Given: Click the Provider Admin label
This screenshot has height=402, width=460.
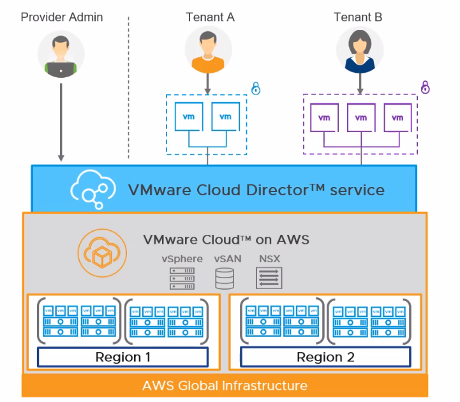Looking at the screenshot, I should pos(61,17).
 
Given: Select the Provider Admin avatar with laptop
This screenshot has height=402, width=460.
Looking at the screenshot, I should pos(61,55).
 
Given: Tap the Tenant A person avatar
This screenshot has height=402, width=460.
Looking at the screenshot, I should pos(208,50).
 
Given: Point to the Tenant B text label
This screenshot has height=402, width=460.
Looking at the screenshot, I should pos(358,17).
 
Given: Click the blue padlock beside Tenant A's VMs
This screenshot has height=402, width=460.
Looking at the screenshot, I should pos(256,88).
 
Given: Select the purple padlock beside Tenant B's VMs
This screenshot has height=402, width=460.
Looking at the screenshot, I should pos(426,87).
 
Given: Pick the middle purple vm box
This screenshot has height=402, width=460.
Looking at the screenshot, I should pos(361,117).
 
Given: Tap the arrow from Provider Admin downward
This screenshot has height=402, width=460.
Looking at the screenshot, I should pos(61,121).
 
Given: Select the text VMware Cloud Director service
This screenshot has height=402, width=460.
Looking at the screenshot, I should pos(256,190).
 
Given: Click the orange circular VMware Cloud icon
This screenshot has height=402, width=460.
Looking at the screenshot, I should pos(98,252).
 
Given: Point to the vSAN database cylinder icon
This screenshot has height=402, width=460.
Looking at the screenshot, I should pos(225,279).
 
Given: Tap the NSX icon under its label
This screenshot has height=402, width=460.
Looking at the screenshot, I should pos(269,278).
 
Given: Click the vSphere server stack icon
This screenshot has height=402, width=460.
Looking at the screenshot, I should pos(182,279).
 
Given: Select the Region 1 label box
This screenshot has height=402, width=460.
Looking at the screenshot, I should pos(122,357).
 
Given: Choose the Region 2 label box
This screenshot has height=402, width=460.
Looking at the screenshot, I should pos(325,357).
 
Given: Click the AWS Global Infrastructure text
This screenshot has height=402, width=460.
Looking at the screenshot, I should pos(225,385).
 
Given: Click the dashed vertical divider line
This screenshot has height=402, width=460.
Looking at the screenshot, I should pos(129,89).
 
